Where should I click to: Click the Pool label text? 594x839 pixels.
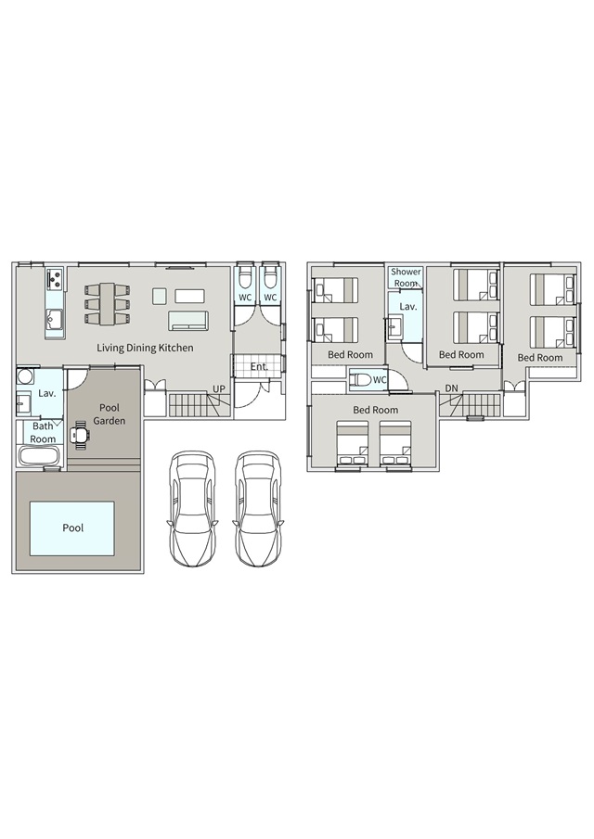tap(72, 528)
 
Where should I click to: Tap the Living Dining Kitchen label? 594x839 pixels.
tap(145, 348)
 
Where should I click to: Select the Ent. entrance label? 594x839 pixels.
tap(259, 367)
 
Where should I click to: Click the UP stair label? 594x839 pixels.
tap(218, 389)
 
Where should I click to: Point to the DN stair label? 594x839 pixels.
tap(451, 388)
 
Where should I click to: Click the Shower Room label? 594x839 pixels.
tap(406, 277)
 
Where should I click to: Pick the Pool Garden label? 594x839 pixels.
tap(110, 414)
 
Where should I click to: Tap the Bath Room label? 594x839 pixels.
tap(43, 432)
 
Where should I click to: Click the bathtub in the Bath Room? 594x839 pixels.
tap(41, 457)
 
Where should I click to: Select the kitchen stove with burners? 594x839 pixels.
tap(55, 278)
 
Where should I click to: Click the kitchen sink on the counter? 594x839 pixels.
tap(55, 320)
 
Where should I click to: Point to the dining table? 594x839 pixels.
tap(107, 303)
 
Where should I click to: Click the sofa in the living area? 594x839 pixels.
tap(188, 321)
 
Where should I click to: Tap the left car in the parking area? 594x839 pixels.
tap(193, 508)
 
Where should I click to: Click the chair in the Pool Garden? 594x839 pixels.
tap(80, 435)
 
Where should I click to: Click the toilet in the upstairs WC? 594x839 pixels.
tap(360, 380)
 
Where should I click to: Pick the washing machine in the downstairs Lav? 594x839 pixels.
tap(24, 377)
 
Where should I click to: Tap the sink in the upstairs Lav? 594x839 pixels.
tap(395, 324)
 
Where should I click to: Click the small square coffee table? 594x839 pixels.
tap(160, 296)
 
